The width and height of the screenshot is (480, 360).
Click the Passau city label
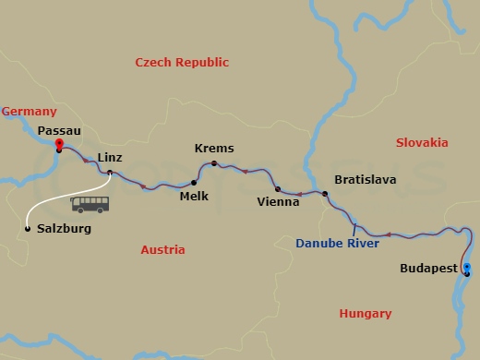click(58, 131)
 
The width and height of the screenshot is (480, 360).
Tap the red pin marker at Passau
click(58, 144)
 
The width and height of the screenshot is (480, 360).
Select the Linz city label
click(110, 157)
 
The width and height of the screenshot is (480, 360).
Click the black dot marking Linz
click(110, 173)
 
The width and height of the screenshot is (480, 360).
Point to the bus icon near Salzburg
click(90, 204)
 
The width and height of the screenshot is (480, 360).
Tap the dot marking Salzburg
click(28, 228)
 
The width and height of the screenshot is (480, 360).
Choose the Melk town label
click(194, 196)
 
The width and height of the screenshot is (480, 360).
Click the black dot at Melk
click(193, 182)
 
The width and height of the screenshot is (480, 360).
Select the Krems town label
click(214, 148)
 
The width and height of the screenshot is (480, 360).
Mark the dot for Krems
click(213, 164)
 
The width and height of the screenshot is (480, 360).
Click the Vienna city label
click(279, 201)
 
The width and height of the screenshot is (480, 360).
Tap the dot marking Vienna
click(278, 188)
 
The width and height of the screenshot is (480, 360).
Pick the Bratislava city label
click(365, 178)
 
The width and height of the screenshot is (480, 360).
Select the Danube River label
click(338, 244)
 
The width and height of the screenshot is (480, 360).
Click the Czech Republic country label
click(182, 62)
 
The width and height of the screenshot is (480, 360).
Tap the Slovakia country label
click(422, 142)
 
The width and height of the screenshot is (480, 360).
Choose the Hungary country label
click(366, 313)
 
